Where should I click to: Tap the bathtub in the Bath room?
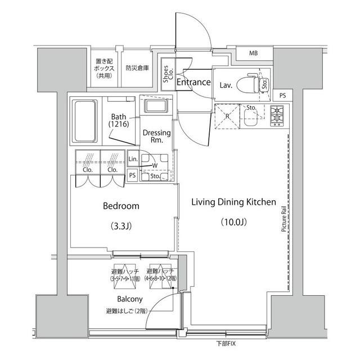[x=85, y=120]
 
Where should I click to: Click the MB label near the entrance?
[x=254, y=53]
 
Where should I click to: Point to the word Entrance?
[x=193, y=83]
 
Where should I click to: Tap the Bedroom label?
[x=121, y=206]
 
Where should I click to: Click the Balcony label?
[x=129, y=299]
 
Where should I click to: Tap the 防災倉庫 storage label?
[x=137, y=68]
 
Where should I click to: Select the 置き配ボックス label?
[x=105, y=67]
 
